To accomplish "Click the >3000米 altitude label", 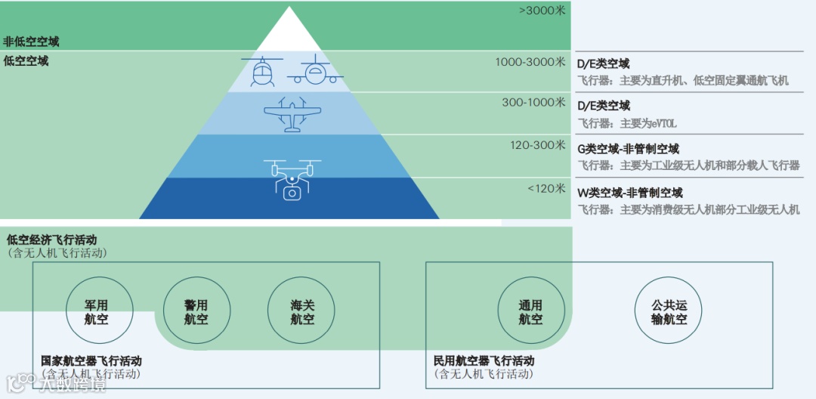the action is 542,11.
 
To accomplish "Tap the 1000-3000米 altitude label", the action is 530,62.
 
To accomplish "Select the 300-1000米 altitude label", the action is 533,102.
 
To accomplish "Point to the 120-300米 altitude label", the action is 537,145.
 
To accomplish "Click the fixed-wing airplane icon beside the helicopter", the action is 315,72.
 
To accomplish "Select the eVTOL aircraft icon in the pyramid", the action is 292,114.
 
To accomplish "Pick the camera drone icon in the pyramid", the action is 292,180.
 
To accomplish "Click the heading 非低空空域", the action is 31,42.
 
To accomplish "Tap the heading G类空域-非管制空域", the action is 628,150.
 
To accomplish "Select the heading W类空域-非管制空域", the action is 629,193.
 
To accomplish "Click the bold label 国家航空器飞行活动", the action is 91,361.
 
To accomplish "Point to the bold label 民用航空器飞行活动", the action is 484,361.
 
